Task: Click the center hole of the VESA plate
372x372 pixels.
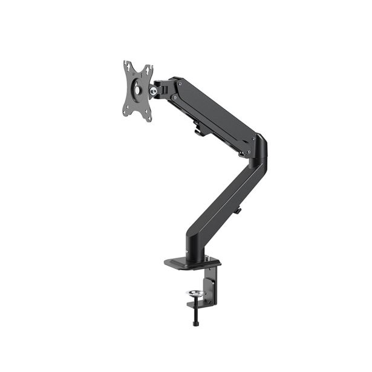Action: pyautogui.click(x=137, y=88)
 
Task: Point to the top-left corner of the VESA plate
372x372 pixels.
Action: pyautogui.click(x=125, y=62)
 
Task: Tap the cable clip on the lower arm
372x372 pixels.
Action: pyautogui.click(x=238, y=210)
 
